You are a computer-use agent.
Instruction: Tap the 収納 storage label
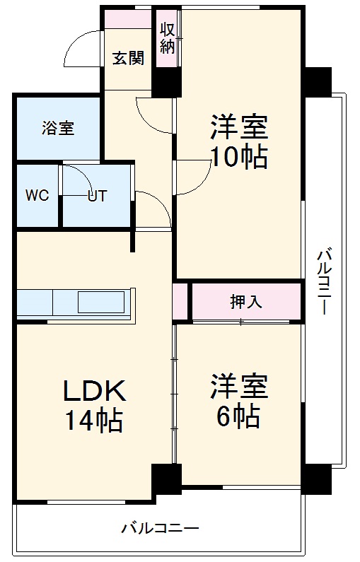point(167,39)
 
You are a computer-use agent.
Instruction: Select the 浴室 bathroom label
point(58,129)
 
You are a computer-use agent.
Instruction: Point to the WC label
point(37,196)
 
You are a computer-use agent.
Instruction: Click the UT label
point(97,196)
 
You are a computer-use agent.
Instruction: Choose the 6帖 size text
point(238,416)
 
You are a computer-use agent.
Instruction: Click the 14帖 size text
point(95,421)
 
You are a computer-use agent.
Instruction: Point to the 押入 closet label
point(245,301)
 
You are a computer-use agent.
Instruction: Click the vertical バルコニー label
point(325,281)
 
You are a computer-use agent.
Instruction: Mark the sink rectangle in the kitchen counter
point(100,302)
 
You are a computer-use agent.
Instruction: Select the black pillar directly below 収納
point(166,83)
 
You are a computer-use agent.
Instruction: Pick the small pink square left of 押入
point(180,301)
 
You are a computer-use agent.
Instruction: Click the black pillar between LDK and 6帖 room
point(166,479)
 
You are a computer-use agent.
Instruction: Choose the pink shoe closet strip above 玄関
point(128,20)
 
